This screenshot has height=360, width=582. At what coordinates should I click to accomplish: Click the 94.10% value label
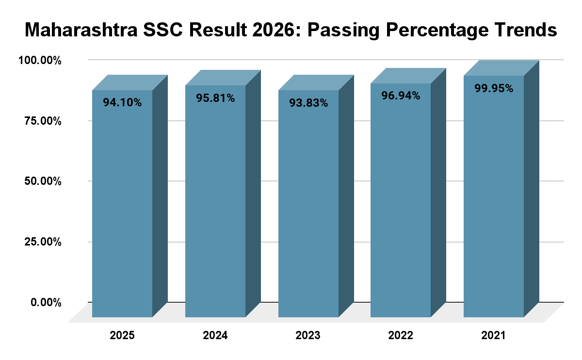click(x=122, y=103)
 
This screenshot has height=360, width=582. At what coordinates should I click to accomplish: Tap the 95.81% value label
click(x=215, y=98)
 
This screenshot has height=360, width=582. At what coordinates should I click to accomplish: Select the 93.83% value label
click(x=308, y=103)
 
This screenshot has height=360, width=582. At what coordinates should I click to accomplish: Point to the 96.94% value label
click(x=401, y=96)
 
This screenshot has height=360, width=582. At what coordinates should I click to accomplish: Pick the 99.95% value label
click(x=494, y=88)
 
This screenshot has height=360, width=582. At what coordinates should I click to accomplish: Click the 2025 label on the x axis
click(x=122, y=336)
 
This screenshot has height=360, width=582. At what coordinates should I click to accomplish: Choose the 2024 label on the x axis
click(x=215, y=336)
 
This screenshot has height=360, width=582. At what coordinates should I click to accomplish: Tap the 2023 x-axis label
click(x=308, y=336)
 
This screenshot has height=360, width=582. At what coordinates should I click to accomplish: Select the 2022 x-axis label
click(x=401, y=336)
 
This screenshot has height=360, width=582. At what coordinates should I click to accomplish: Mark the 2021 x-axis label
click(x=494, y=336)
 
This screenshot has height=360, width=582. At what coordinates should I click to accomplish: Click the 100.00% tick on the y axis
click(x=40, y=61)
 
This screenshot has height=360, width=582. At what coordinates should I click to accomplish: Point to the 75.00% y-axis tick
click(x=43, y=121)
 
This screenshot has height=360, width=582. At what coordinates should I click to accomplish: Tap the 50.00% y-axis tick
click(x=43, y=181)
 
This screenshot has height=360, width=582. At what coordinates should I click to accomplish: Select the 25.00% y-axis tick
click(x=43, y=242)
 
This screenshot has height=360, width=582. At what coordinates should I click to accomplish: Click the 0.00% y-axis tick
click(x=46, y=303)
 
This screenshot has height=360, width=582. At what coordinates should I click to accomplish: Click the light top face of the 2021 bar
click(x=501, y=68)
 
